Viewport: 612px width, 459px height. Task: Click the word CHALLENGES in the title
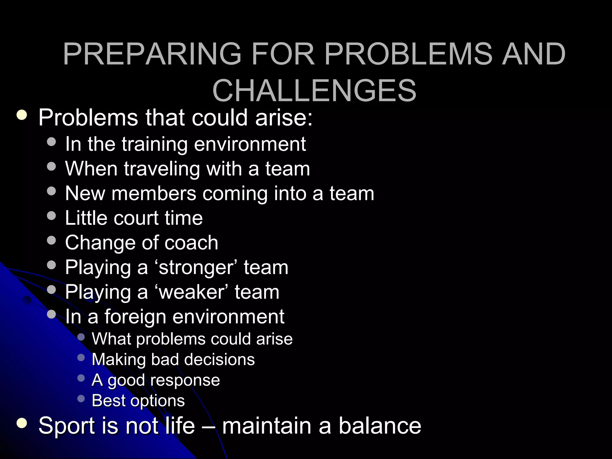314,91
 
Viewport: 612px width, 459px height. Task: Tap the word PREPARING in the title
152,54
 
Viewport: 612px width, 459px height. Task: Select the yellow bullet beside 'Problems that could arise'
22,115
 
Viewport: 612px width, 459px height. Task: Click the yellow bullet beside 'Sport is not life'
22,423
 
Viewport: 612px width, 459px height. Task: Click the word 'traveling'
162,169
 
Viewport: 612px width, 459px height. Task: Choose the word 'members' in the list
154,193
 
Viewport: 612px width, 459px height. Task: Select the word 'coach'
191,243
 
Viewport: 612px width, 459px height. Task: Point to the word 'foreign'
135,317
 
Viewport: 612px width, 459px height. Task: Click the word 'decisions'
219,359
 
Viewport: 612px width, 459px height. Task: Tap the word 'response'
185,380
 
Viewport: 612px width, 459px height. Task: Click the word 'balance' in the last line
380,426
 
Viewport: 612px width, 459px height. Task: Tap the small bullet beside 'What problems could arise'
81,337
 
